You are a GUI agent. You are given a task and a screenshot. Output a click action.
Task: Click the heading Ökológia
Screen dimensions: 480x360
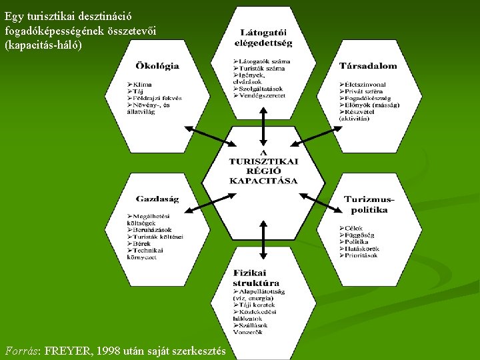coord(157,66)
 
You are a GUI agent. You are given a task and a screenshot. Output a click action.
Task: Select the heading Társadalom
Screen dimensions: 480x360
coord(367,66)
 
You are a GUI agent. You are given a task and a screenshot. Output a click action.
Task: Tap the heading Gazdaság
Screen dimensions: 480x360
coord(157,199)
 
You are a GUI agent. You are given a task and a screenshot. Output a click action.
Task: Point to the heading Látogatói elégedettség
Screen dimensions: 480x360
coord(263,39)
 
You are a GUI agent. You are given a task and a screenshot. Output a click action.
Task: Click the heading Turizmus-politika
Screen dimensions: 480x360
coord(369,204)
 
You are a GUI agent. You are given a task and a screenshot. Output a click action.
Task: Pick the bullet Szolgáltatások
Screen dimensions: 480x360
coord(261,89)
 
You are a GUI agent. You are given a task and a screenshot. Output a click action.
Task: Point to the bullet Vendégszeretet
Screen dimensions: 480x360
coord(262,95)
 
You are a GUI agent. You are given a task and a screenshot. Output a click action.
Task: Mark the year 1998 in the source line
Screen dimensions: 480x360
coord(110,351)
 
